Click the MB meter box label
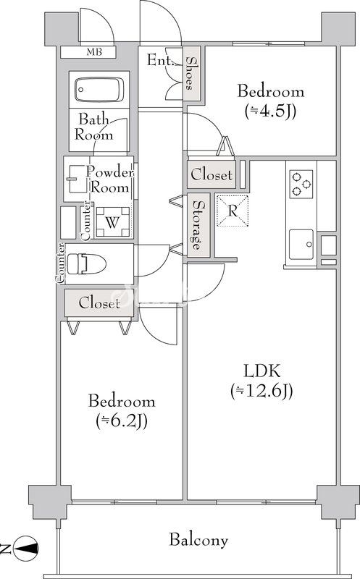[94, 52]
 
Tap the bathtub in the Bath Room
[99, 89]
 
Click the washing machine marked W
[113, 222]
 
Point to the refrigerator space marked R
[233, 211]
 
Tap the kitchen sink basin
[301, 245]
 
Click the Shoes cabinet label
[190, 73]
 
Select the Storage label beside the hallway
[198, 225]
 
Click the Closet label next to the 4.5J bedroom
[212, 174]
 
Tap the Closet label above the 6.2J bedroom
[99, 303]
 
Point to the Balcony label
[198, 540]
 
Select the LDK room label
[262, 371]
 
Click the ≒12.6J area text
[261, 391]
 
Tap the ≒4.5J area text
[271, 111]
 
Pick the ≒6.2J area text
[122, 421]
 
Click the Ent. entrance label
[160, 60]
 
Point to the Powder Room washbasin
[77, 179]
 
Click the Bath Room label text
[94, 127]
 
